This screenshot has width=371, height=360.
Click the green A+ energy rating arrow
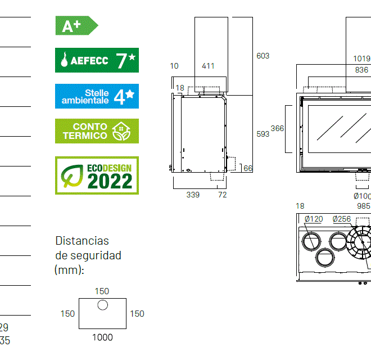pyautogui.click(x=76, y=25)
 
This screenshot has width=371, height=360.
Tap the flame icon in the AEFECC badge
pyautogui.click(x=64, y=60)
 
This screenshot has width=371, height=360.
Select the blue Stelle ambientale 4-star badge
pyautogui.click(x=97, y=96)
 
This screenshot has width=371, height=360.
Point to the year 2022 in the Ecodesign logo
pyautogui.click(x=110, y=181)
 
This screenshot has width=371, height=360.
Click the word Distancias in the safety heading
pyautogui.click(x=82, y=241)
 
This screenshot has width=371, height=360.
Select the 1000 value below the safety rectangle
pyautogui.click(x=102, y=337)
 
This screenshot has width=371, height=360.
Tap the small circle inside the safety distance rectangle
pyautogui.click(x=102, y=305)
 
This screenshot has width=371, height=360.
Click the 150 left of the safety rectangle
pyautogui.click(x=67, y=314)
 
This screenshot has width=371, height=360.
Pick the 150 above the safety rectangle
pyautogui.click(x=102, y=291)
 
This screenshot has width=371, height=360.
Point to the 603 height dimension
pyautogui.click(x=263, y=56)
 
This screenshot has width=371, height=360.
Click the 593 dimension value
pyautogui.click(x=263, y=134)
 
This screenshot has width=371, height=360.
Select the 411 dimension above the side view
pyautogui.click(x=208, y=66)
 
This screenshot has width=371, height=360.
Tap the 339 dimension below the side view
pyautogui.click(x=193, y=195)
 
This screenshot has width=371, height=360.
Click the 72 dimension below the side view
pyautogui.click(x=222, y=195)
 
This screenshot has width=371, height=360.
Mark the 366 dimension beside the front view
pyautogui.click(x=277, y=128)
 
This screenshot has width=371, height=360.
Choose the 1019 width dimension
pyautogui.click(x=361, y=58)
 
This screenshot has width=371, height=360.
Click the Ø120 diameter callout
pyautogui.click(x=314, y=219)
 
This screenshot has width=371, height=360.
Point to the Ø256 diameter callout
pyautogui.click(x=341, y=219)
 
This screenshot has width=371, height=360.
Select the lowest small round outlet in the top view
pyautogui.click(x=324, y=258)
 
